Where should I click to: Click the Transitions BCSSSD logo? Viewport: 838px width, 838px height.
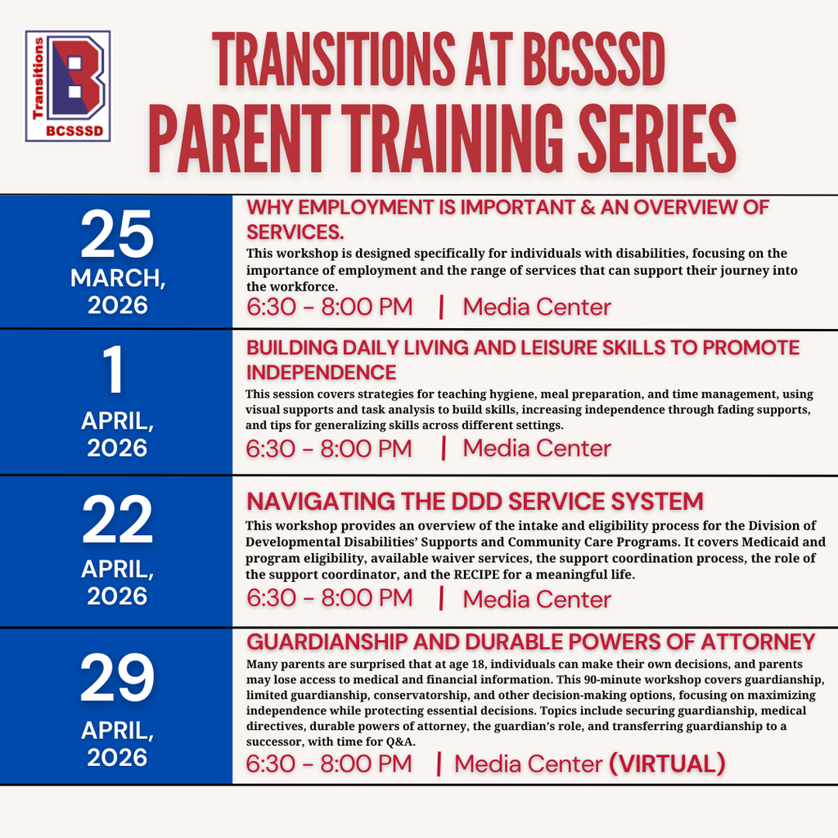(x=68, y=86)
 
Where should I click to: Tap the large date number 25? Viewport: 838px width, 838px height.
(x=116, y=235)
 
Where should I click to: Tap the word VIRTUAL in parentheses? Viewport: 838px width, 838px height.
(x=667, y=764)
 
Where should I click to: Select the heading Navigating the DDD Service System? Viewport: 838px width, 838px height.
(x=475, y=501)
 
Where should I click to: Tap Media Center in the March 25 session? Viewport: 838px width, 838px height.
(x=537, y=307)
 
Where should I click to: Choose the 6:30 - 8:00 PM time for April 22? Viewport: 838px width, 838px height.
(x=329, y=598)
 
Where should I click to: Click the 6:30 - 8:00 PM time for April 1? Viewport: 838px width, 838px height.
(x=329, y=448)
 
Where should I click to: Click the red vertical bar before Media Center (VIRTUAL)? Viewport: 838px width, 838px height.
(x=439, y=764)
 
